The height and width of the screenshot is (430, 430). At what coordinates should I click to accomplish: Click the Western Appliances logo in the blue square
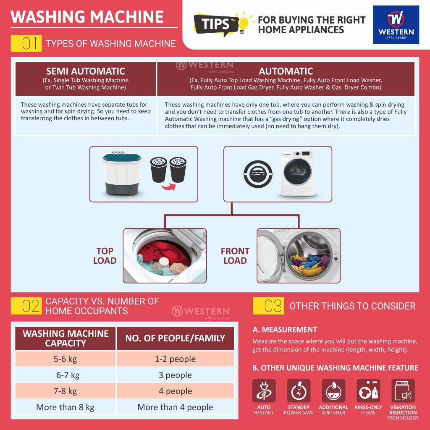[396, 25]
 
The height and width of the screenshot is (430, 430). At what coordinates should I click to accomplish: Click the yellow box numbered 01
[26, 43]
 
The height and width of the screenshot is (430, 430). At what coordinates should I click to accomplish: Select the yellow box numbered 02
[26, 306]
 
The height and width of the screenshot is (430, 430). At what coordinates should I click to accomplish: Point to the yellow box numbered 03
[268, 306]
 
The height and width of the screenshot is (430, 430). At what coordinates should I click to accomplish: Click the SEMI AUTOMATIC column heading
[86, 71]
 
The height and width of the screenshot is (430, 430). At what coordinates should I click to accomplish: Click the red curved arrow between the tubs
[168, 188]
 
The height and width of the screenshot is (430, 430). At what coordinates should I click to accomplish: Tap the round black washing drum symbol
[258, 174]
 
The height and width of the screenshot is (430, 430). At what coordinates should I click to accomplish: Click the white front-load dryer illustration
[298, 173]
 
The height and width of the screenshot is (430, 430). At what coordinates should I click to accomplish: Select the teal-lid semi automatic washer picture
[122, 173]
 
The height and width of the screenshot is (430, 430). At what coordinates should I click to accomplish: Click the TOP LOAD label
[105, 256]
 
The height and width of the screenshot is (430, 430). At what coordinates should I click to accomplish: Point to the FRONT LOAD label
[235, 256]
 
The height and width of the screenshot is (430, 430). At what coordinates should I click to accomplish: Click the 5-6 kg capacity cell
[65, 359]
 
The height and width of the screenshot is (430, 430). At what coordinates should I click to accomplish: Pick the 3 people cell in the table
[176, 375]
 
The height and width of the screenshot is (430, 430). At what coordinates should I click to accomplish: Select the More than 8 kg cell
[65, 407]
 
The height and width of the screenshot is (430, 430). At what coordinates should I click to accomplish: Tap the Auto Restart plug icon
[264, 391]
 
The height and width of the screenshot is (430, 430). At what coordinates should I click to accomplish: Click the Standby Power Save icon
[299, 391]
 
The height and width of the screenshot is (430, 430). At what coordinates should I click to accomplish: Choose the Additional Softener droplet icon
[333, 391]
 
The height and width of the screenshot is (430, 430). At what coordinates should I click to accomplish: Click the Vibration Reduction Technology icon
[403, 391]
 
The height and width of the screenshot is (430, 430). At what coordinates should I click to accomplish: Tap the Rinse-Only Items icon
[368, 391]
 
